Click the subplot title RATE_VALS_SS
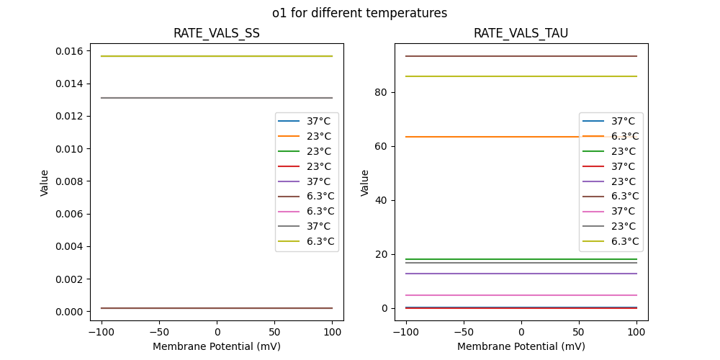click(x=216, y=33)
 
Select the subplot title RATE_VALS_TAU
click(x=521, y=33)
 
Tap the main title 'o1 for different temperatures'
click(x=359, y=13)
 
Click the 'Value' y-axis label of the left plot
click(x=45, y=182)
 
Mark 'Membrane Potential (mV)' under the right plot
click(x=521, y=346)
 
